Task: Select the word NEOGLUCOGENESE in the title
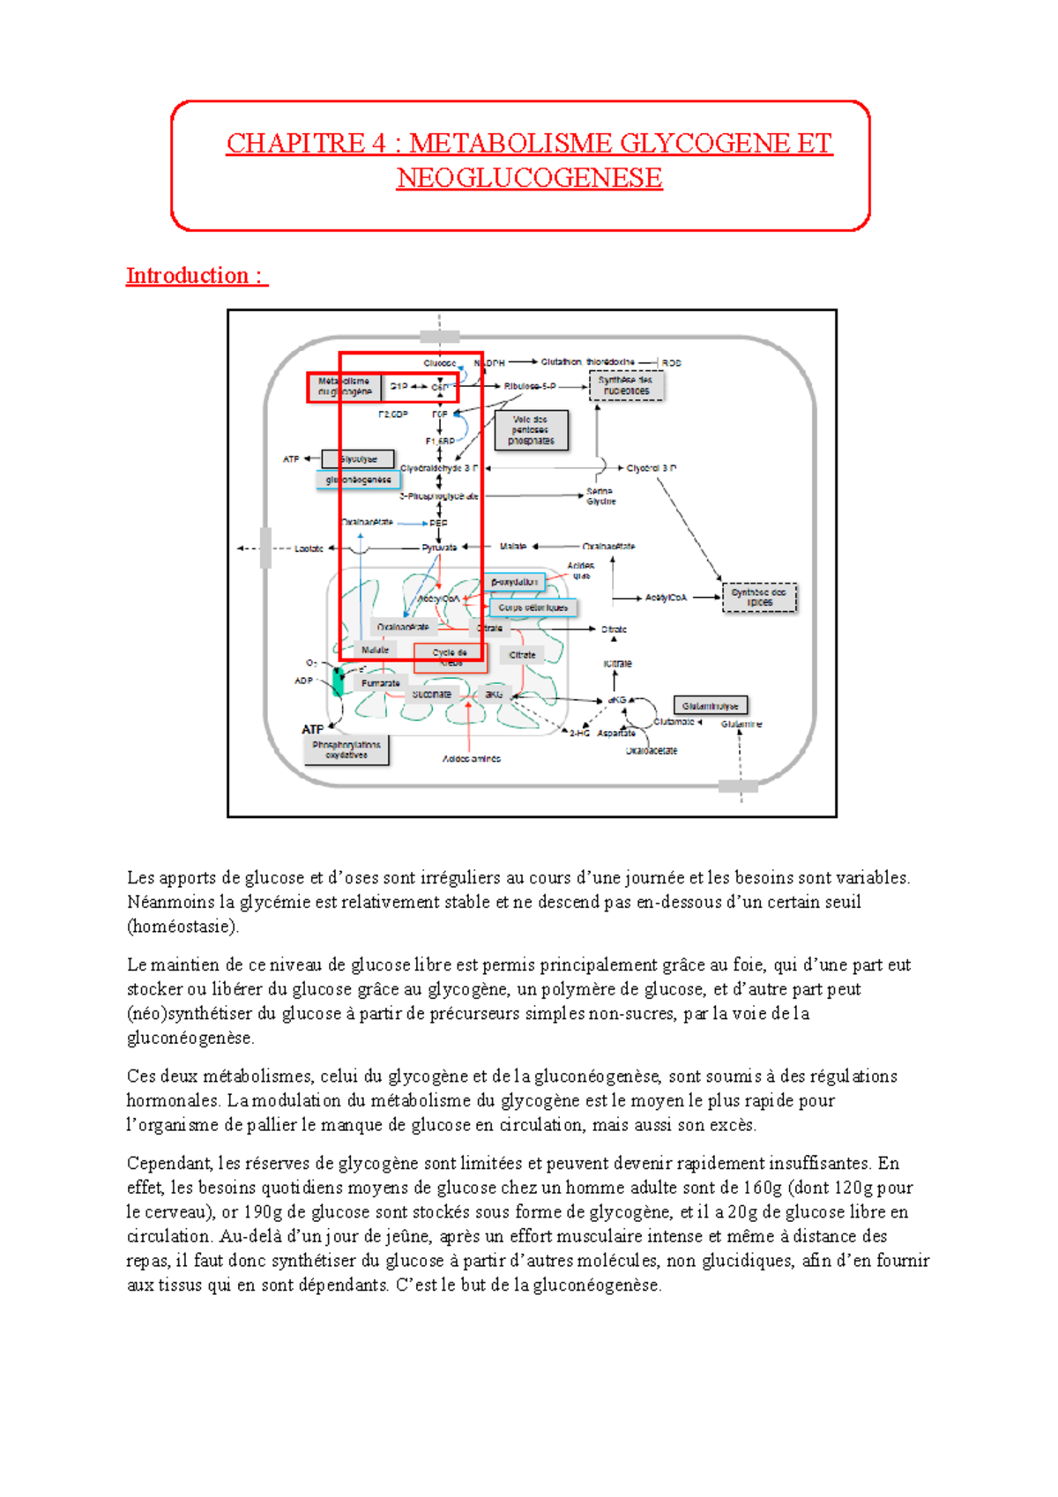[529, 178]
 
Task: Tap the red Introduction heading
[196, 276]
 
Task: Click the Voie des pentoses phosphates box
[531, 430]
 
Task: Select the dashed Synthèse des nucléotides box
[626, 385]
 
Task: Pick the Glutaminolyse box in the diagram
[710, 705]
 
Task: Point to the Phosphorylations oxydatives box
[346, 749]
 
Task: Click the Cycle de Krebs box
[451, 657]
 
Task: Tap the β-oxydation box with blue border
[515, 582]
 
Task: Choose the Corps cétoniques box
[533, 607]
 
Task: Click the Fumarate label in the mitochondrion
[381, 683]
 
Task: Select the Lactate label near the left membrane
[309, 548]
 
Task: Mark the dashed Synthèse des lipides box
[759, 597]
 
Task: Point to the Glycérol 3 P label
[652, 468]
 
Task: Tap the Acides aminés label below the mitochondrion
[471, 758]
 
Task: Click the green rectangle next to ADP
[338, 681]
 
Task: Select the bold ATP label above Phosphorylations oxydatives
[312, 729]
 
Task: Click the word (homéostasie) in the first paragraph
[183, 927]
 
